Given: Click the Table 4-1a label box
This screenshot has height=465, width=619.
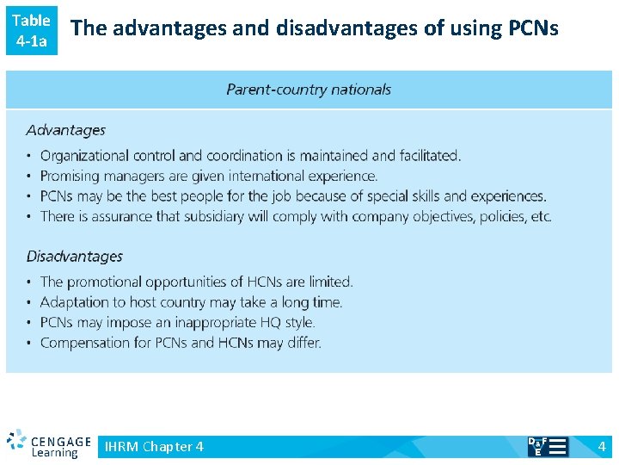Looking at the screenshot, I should pos(32,30).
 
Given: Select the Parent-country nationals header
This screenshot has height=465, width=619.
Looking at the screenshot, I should pos(308,90).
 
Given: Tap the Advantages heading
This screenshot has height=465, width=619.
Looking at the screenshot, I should pos(65,130).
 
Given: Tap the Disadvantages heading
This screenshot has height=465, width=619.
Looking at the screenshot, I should pos(74,256).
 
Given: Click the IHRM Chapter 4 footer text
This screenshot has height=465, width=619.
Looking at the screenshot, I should pos(154,446).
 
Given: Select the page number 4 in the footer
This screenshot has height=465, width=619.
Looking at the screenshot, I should pos(602,446).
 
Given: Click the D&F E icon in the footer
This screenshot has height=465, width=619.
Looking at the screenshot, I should pos(547,446).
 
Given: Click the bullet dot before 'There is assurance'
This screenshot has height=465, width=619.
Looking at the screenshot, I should pos(29,217).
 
